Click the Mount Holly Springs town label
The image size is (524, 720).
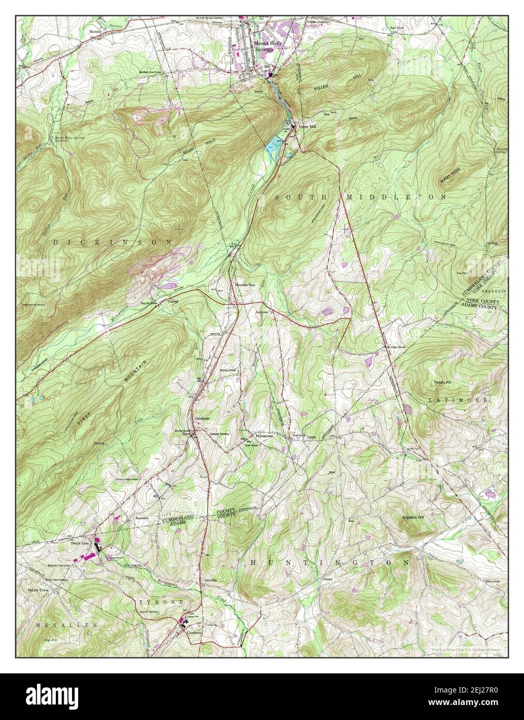click(268, 46)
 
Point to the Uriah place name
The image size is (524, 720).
click(311, 437)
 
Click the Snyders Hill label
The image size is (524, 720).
click(416, 517)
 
